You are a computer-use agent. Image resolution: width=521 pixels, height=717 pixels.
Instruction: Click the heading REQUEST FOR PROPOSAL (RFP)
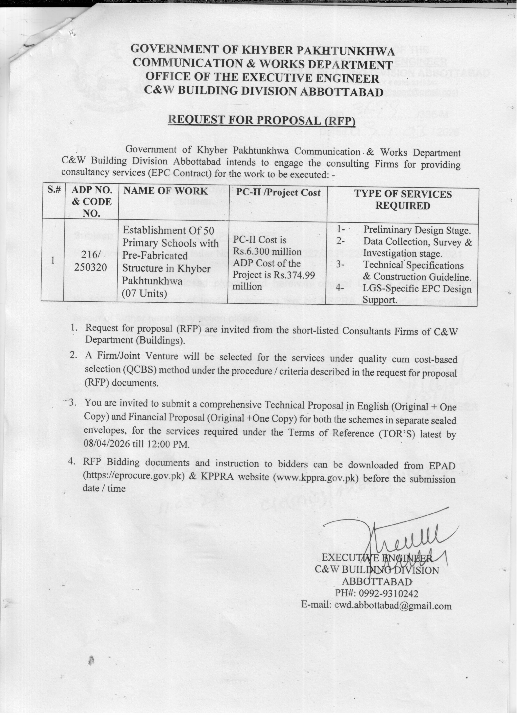[262, 120]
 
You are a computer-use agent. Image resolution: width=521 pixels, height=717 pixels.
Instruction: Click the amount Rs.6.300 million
[267, 252]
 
